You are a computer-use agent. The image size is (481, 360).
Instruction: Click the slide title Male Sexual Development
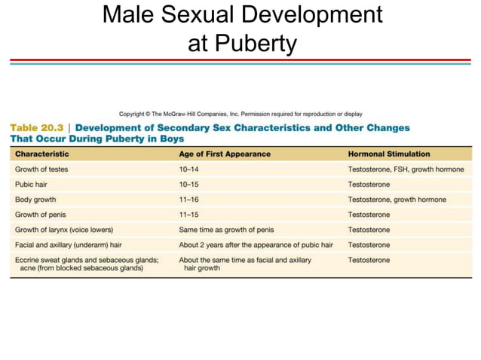pos(241,15)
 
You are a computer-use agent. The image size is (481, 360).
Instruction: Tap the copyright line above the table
pos(240,114)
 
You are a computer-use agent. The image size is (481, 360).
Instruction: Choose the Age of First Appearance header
pos(224,154)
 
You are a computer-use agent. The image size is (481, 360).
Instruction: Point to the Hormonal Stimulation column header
pos(388,154)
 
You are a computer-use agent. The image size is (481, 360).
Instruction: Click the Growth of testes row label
pos(41,169)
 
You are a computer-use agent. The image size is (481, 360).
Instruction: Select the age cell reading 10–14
pos(189,169)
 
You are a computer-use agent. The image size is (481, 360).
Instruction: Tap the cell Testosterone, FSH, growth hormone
pos(406,169)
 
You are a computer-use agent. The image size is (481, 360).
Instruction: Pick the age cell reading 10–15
pos(189,185)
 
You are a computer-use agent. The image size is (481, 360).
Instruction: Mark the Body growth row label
pos(35,200)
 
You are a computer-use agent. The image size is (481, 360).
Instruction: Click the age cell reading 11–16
pos(189,200)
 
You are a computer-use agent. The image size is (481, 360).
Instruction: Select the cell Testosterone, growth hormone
pos(397,200)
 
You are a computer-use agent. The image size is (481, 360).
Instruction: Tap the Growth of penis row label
pos(41,215)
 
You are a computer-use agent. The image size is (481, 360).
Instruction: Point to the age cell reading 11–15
pos(189,215)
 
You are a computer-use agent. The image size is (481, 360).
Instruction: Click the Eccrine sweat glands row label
pos(87,260)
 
